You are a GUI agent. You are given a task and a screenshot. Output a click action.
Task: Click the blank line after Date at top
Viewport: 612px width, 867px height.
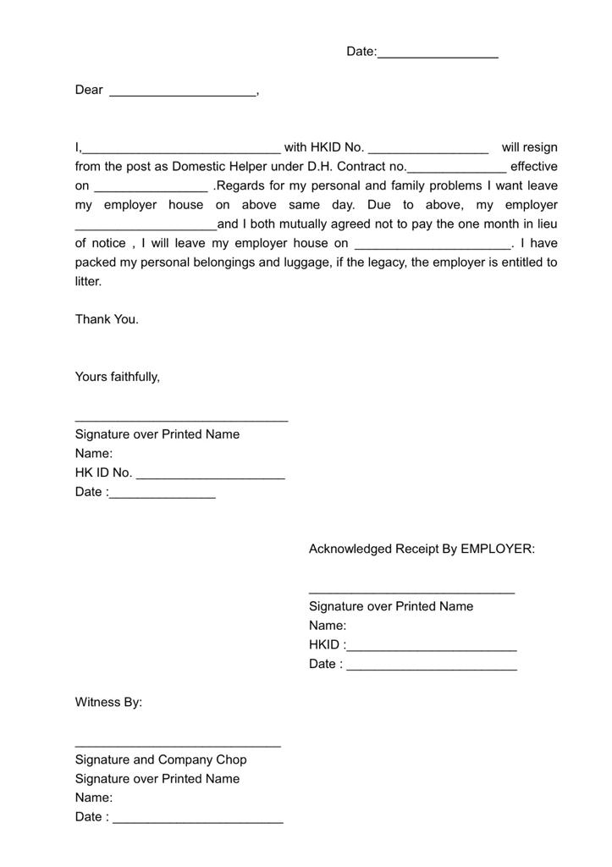pyautogui.click(x=438, y=53)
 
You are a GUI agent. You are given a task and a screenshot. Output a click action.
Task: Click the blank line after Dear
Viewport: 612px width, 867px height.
pyautogui.click(x=182, y=91)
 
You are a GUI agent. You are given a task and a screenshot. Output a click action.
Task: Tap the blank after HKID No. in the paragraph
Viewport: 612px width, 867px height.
pyautogui.click(x=428, y=149)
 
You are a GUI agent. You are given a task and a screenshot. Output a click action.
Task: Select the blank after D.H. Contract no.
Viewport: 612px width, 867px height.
pyautogui.click(x=456, y=168)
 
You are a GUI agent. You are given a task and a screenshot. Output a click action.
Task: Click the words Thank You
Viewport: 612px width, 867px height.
pyautogui.click(x=107, y=319)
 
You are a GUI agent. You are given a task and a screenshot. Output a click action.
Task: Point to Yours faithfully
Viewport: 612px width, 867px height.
pyautogui.click(x=118, y=377)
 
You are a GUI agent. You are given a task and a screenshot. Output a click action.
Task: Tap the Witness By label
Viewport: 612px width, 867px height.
pyautogui.click(x=108, y=702)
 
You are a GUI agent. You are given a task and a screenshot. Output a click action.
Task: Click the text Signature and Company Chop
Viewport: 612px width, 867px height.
pyautogui.click(x=161, y=759)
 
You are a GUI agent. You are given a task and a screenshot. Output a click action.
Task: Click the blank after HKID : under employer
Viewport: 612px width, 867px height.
pyautogui.click(x=432, y=646)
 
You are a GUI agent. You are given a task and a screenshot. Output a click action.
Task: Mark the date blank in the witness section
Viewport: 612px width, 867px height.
pyautogui.click(x=198, y=819)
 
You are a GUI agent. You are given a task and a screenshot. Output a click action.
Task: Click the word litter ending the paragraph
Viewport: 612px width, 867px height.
pyautogui.click(x=87, y=281)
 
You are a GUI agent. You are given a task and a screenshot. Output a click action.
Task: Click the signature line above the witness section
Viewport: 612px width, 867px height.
pyautogui.click(x=178, y=744)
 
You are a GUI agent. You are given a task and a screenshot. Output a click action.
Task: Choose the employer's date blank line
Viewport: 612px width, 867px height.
pyautogui.click(x=432, y=665)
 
